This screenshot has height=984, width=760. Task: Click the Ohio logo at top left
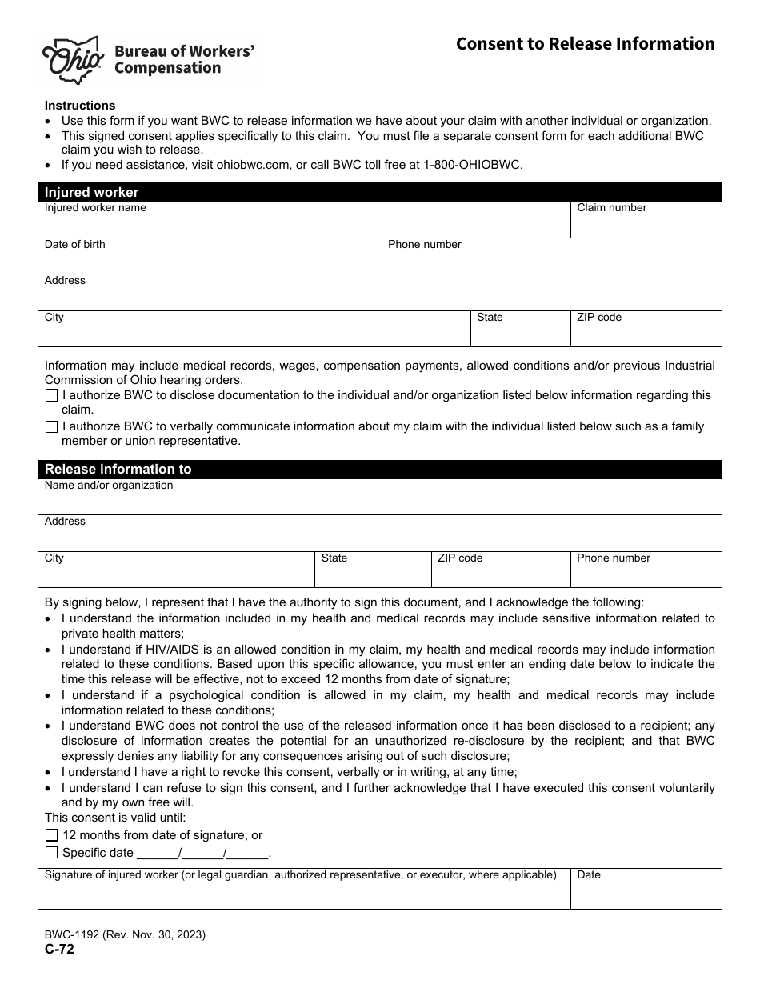coord(73,60)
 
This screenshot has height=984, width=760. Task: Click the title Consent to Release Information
coord(585,44)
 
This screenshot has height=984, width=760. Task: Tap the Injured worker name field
coord(304,224)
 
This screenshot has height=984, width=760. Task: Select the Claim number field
coord(646,224)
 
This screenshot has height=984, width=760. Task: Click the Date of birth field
coord(210,261)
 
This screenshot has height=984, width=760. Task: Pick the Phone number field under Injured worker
coord(552,261)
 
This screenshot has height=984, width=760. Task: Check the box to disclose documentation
coord(52,395)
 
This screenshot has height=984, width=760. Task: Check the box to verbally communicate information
coord(52,426)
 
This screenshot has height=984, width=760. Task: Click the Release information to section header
coord(118,470)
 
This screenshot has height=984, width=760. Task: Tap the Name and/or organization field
coord(379,502)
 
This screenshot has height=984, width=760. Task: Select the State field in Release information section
coord(373,574)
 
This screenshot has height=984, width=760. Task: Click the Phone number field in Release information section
coord(646,574)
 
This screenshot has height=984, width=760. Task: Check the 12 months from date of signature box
coord(52,835)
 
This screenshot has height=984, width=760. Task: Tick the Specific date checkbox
coord(52,853)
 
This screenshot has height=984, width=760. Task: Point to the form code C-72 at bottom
coord(59,950)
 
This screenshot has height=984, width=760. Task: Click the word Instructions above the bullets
coord(80,106)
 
